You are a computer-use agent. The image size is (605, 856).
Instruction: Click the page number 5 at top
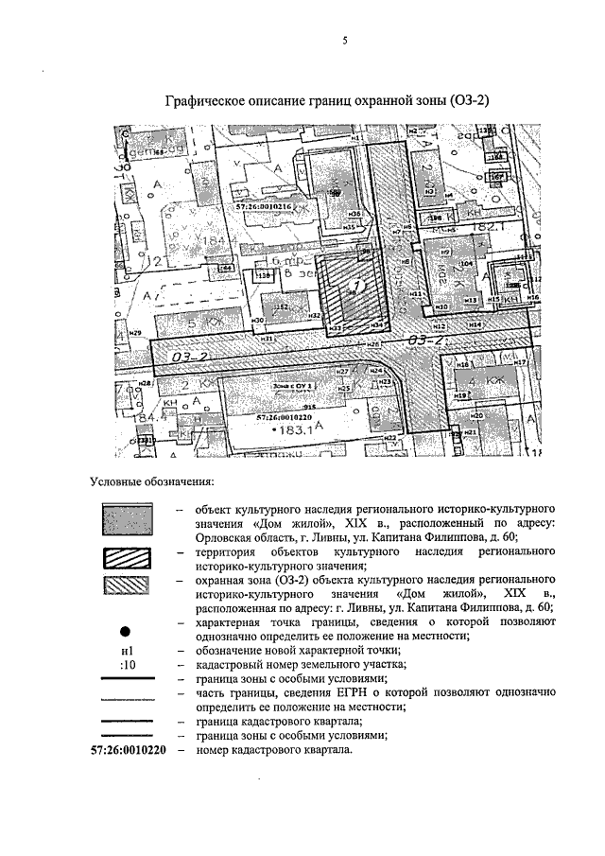[x=345, y=40]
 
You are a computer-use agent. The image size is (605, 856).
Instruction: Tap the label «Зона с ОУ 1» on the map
[x=291, y=387]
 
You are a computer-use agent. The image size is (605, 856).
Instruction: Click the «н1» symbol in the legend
[x=128, y=651]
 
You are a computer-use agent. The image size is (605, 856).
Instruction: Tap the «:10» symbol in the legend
[x=128, y=665]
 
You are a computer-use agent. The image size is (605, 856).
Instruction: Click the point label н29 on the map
[x=135, y=333]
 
